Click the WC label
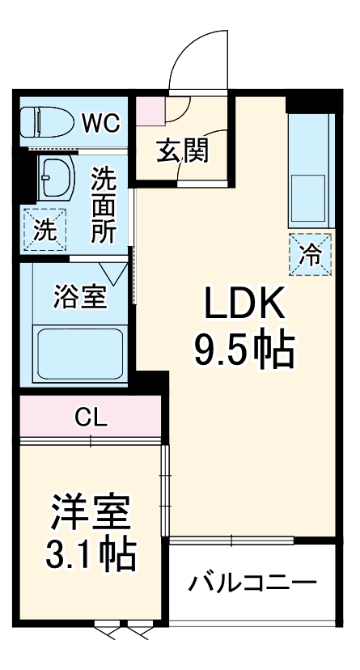(x=100, y=124)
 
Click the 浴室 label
(x=80, y=296)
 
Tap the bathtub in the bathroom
(x=79, y=353)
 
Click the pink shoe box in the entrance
(x=150, y=110)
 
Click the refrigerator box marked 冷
(x=311, y=254)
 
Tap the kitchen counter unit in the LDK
(x=310, y=170)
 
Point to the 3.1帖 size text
(x=89, y=554)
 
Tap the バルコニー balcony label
(x=252, y=583)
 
